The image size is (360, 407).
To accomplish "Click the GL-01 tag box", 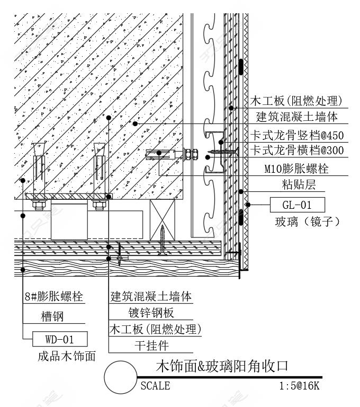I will coord(297,205).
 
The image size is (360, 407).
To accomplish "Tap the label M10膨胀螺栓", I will coord(304,170).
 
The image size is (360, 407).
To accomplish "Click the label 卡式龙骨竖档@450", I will coord(297,135).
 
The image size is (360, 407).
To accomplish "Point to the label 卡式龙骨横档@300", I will coord(297,151).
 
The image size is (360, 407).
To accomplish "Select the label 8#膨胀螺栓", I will coord(53,297).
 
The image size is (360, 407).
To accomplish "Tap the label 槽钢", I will coord(52,317).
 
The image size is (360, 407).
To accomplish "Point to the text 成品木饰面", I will coord(67,356).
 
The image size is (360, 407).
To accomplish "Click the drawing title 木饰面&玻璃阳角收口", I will coord(222,366).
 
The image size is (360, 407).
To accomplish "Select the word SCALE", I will coord(155,386).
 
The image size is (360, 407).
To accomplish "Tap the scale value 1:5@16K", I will coord(299,386).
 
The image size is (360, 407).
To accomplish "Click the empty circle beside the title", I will coord(120,377).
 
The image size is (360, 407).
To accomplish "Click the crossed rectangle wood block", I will coord(163,219).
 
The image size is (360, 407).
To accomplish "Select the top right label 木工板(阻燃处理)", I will coord(296,101).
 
